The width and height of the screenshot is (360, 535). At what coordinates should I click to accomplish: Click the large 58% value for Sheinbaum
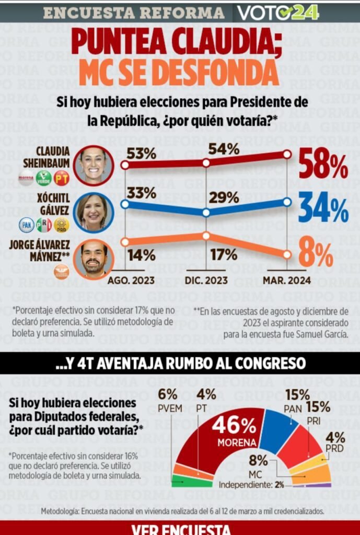point(323,165)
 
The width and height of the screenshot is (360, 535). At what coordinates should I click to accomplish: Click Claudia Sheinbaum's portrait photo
point(93,165)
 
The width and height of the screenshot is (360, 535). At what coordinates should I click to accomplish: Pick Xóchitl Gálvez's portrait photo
point(93,212)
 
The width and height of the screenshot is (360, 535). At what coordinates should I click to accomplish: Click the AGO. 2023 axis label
point(131,281)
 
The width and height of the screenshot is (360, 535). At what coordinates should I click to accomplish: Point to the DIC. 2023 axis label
point(206,281)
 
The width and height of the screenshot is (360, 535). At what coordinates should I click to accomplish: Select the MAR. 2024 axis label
point(286,281)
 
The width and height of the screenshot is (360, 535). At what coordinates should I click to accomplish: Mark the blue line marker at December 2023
point(206,213)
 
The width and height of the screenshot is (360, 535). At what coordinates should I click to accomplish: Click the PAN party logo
point(26,225)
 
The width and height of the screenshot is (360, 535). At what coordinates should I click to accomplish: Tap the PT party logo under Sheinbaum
point(62,178)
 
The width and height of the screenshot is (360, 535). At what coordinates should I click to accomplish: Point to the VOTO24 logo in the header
point(277,12)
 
